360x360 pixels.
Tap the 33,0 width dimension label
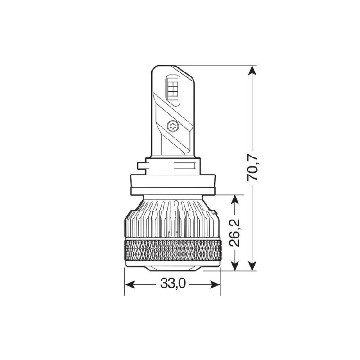point(172,284)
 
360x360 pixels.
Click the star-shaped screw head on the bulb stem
point(172,126)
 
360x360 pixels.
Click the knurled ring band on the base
point(172,250)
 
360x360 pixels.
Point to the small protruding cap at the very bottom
point(172,268)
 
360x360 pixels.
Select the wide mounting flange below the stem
point(172,185)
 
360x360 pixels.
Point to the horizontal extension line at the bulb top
point(216,65)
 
